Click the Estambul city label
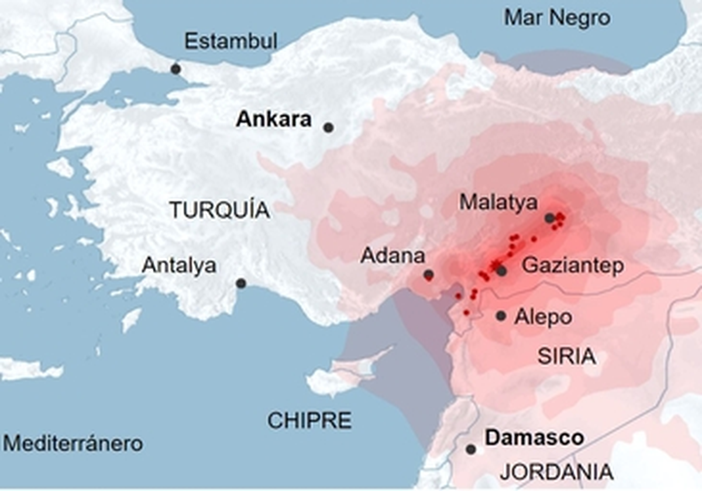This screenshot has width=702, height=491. click(230, 42)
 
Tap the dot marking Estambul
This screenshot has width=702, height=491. click(175, 69)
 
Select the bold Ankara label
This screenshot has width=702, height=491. click(273, 120)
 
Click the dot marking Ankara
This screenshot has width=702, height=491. click(329, 127)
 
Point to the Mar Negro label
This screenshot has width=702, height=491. click(557, 18)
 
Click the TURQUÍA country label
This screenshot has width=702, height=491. click(219, 210)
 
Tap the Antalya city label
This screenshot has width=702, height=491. click(179, 265)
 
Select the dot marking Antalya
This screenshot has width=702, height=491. click(240, 283)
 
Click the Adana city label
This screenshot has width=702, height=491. click(392, 256)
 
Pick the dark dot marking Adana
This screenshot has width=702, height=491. click(429, 274)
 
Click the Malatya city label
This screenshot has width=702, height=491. click(498, 202)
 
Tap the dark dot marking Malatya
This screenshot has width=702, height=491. click(549, 218)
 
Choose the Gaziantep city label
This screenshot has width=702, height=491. click(573, 266)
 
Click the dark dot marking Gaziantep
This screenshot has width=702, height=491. click(501, 270)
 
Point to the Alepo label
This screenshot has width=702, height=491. click(543, 317)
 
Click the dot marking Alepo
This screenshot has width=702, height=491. click(501, 316)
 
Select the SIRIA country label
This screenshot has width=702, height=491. click(566, 356)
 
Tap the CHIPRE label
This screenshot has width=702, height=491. click(309, 420)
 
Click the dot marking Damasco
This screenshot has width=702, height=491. click(471, 449)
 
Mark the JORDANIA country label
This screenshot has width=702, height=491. click(556, 472)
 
